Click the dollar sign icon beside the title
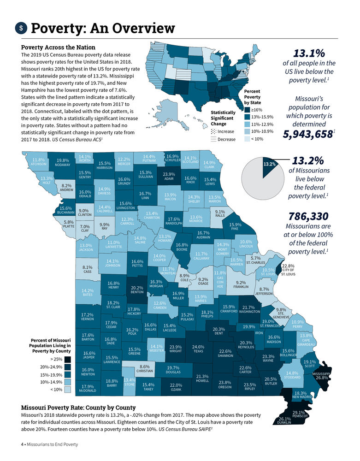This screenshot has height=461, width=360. pyautogui.click(x=21, y=28)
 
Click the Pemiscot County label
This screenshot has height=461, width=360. pyautogui.click(x=300, y=415)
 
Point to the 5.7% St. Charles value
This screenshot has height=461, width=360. pyautogui.click(x=256, y=259)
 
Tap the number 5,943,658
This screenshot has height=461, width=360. pyautogui.click(x=307, y=134)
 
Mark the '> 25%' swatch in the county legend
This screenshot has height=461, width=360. pyautogui.click(x=67, y=359)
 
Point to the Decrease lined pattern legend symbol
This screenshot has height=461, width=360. pyautogui.click(x=213, y=139)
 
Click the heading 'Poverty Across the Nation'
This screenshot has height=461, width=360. pyautogui.click(x=59, y=47)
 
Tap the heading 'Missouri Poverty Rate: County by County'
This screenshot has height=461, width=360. pyautogui.click(x=78, y=408)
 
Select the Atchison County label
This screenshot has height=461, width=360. pyautogui.click(x=39, y=162)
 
